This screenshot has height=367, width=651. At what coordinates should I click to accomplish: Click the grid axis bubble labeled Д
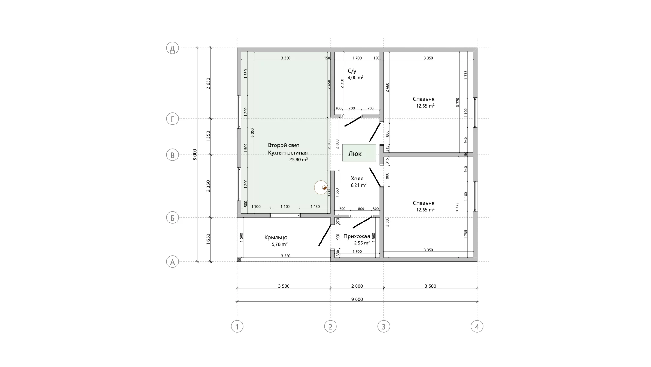(173, 48)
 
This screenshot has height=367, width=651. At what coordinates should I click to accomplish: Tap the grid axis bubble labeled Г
(173, 119)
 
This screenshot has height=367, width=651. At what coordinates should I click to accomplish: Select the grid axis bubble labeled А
(173, 262)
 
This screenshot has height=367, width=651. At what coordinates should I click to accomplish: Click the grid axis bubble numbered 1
(237, 326)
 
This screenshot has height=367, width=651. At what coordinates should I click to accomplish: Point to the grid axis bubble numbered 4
(477, 326)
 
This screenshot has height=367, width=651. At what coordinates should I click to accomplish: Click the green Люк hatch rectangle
(359, 153)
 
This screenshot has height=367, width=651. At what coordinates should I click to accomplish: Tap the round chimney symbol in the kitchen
(321, 187)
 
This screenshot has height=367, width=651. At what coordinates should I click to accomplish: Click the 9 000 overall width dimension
(357, 299)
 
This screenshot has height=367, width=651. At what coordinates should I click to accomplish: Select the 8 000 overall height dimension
(195, 155)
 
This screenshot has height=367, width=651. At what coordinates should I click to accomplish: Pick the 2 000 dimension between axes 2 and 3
(357, 286)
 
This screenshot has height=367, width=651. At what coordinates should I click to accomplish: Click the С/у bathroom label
(352, 71)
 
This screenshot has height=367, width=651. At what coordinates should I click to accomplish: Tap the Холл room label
(357, 179)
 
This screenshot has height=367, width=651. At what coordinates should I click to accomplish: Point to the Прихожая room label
(357, 236)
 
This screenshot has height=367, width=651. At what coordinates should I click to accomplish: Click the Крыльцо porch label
(276, 237)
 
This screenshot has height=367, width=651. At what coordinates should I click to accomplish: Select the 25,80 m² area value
(298, 159)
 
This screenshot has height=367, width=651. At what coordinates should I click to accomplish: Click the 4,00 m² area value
(356, 77)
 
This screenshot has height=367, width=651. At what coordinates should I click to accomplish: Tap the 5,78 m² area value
(280, 244)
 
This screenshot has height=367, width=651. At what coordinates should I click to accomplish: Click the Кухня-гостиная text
(288, 153)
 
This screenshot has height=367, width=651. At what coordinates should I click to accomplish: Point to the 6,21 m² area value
(359, 185)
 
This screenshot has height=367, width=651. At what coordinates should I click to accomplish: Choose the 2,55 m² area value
(362, 243)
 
